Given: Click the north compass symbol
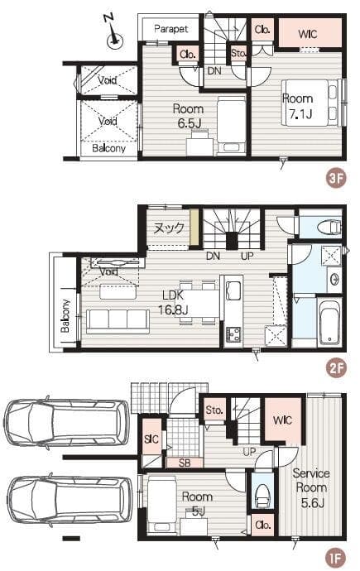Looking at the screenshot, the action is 113,34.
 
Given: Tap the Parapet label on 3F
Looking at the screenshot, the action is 170,29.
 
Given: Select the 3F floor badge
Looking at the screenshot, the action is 335,179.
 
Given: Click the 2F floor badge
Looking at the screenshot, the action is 335,367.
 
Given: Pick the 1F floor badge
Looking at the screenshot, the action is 335,557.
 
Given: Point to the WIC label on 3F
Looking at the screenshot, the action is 308,34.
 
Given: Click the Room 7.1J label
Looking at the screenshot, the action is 298,106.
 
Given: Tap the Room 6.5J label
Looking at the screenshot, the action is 188,116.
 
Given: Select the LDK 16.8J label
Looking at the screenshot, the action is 173,303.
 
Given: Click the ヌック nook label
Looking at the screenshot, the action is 169,228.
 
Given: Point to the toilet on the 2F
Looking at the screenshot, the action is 329,228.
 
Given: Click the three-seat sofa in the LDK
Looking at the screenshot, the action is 118,321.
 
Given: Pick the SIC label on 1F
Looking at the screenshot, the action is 151,439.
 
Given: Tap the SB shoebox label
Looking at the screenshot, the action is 185,463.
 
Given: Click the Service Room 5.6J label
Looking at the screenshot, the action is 311,488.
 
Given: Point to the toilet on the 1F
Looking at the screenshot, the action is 262,495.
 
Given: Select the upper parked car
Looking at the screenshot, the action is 66,424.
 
